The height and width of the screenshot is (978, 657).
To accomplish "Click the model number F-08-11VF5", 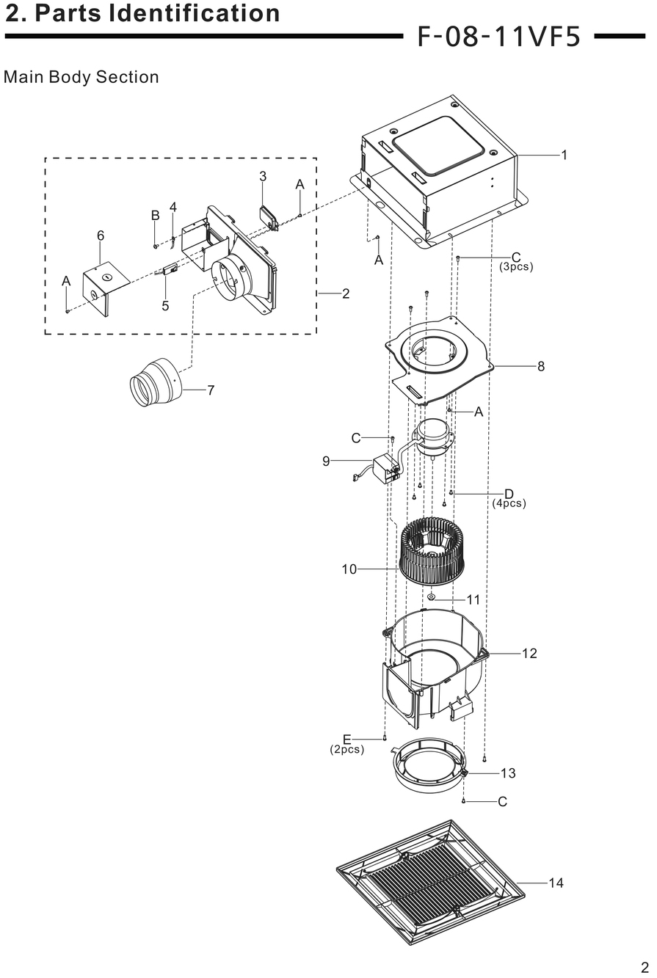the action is point(499,37).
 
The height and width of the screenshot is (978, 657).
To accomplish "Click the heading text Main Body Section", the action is point(81,77).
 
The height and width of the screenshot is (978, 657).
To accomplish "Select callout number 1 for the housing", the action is point(564,155).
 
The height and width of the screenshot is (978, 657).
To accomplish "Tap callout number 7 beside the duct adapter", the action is point(211,390).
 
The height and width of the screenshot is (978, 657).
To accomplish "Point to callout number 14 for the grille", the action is point(556,883).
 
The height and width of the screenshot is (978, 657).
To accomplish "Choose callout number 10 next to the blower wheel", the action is point(349,569).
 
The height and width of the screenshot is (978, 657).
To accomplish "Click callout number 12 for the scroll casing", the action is point(529,653).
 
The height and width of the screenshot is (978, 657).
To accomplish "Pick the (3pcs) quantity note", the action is point(516,267).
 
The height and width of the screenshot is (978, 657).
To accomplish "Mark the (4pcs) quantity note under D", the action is point(509,503).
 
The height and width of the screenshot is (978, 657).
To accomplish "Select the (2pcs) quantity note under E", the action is point(346,750).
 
